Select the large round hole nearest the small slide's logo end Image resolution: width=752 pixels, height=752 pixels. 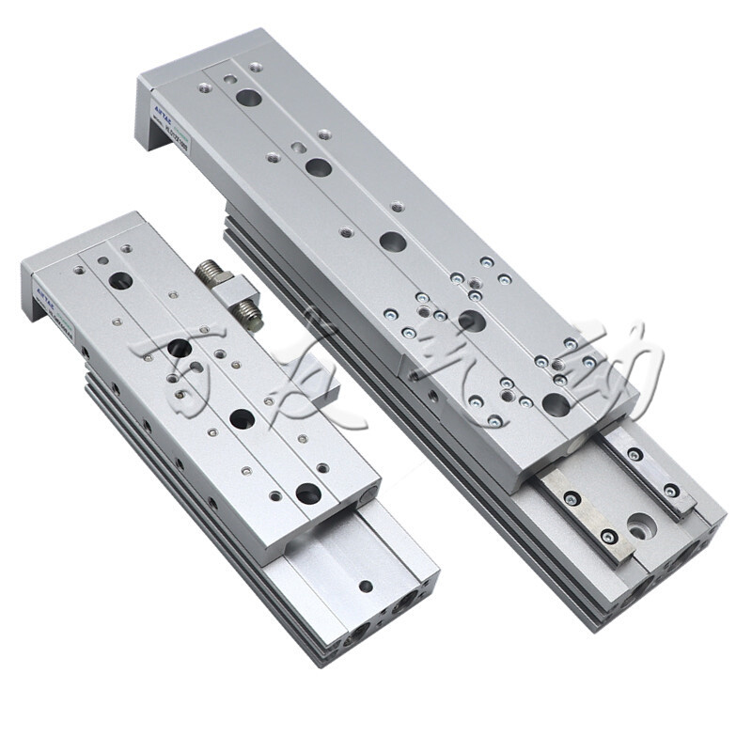(x=119, y=280)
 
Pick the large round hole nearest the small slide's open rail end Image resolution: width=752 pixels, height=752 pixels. (x=308, y=493)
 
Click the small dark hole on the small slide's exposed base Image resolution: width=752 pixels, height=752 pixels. (x=365, y=586)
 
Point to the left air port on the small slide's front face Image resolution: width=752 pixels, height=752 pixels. (x=359, y=638)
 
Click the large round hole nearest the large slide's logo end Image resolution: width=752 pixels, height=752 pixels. (x=248, y=97)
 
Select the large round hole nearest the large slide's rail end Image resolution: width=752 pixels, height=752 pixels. (x=555, y=405)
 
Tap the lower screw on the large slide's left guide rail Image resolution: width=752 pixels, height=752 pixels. (x=610, y=537)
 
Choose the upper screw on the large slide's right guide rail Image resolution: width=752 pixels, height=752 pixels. (x=635, y=455)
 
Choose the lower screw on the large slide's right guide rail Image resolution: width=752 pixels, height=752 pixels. (x=670, y=490)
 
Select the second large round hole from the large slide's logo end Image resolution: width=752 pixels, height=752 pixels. (x=318, y=167)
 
